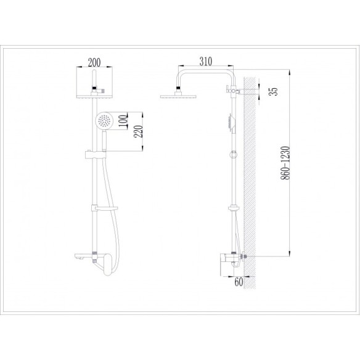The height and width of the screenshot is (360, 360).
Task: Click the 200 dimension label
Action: tap(94, 62)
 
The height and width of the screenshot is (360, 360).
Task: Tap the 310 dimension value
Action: tap(206, 61)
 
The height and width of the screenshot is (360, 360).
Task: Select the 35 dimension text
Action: tap(274, 91)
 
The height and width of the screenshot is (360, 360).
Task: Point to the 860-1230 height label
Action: tap(285, 163)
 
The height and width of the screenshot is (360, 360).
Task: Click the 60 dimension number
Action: tap(239, 282)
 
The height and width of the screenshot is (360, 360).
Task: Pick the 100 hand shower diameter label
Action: tap(123, 121)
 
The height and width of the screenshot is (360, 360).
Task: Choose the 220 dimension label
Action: tap(138, 131)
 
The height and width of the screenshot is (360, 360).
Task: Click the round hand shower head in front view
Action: tap(104, 120)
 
